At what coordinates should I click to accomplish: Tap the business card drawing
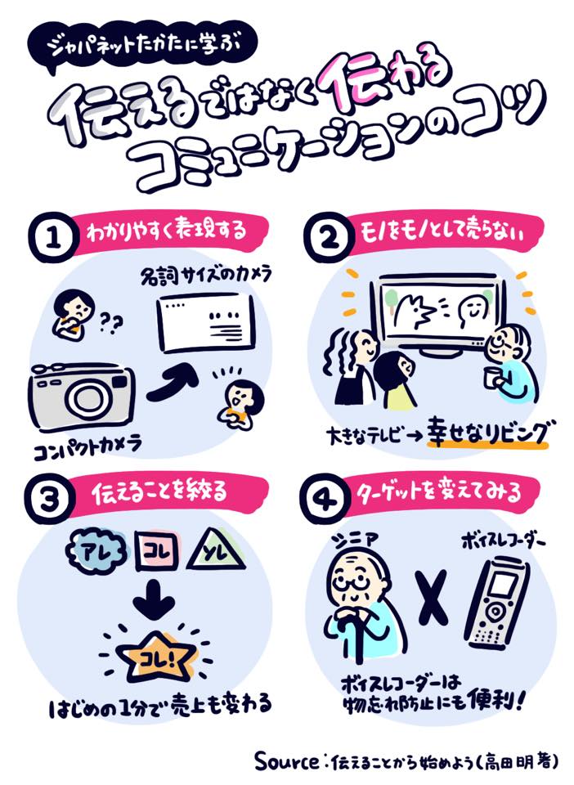206,323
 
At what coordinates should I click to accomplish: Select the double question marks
111,324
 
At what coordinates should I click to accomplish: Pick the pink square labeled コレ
158,552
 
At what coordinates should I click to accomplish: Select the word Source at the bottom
287,761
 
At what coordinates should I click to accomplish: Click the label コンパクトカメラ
88,447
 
